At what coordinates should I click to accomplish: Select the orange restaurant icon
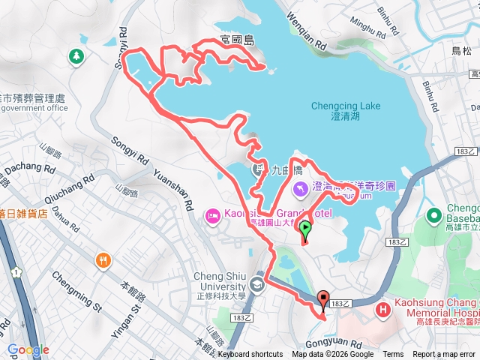pos(103,261)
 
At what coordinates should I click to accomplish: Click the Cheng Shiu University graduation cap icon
pos(257,283)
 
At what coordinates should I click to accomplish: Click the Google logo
pos(28,349)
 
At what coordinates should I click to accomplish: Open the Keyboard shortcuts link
pos(250,355)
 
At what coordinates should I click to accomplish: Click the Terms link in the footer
pos(393,355)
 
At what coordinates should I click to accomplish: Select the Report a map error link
pos(444,355)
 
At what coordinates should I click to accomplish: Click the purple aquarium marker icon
pos(300,187)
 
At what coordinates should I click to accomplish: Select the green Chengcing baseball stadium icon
pos(433,215)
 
